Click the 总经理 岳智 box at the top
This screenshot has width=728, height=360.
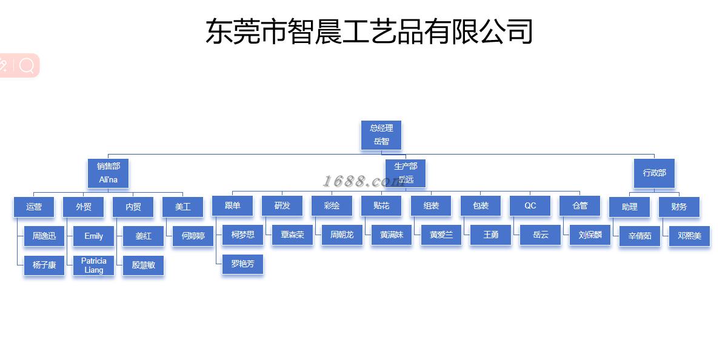(381, 135)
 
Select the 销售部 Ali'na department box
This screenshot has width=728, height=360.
(109, 173)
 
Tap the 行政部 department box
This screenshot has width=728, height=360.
(654, 173)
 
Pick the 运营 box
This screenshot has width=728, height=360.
(34, 207)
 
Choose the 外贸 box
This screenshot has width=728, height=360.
(84, 207)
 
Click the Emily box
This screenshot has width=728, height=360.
(93, 236)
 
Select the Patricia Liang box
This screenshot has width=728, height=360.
(93, 265)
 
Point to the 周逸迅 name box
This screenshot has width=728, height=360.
(44, 236)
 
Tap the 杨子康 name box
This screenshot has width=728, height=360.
(44, 265)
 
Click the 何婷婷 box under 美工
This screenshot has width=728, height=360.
(193, 236)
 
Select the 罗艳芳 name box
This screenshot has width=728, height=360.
(242, 264)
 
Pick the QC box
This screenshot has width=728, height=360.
(530, 206)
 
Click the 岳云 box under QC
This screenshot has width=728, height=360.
(540, 235)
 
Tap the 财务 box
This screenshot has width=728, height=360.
(679, 207)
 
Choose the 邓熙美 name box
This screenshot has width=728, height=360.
(689, 236)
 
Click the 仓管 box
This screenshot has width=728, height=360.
(580, 206)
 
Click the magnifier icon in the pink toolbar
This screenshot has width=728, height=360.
(27, 65)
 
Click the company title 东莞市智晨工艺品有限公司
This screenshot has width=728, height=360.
(369, 32)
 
